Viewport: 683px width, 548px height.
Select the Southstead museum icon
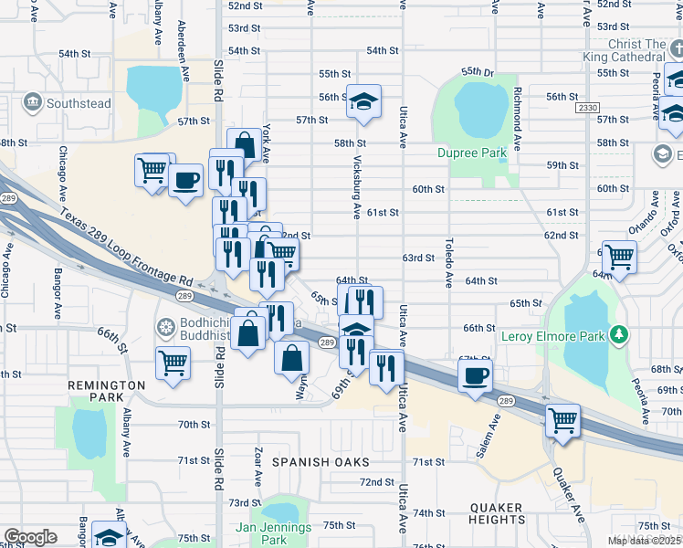(x=33, y=102)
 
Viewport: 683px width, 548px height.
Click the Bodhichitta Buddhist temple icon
(x=165, y=325)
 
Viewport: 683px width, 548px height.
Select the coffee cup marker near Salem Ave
(x=475, y=376)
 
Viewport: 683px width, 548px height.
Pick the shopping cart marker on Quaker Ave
(x=562, y=422)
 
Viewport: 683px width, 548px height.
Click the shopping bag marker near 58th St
(x=245, y=144)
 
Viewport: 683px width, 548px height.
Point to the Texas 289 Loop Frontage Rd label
(x=128, y=248)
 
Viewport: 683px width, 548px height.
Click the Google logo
(x=30, y=536)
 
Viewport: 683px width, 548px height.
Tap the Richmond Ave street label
(x=517, y=118)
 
